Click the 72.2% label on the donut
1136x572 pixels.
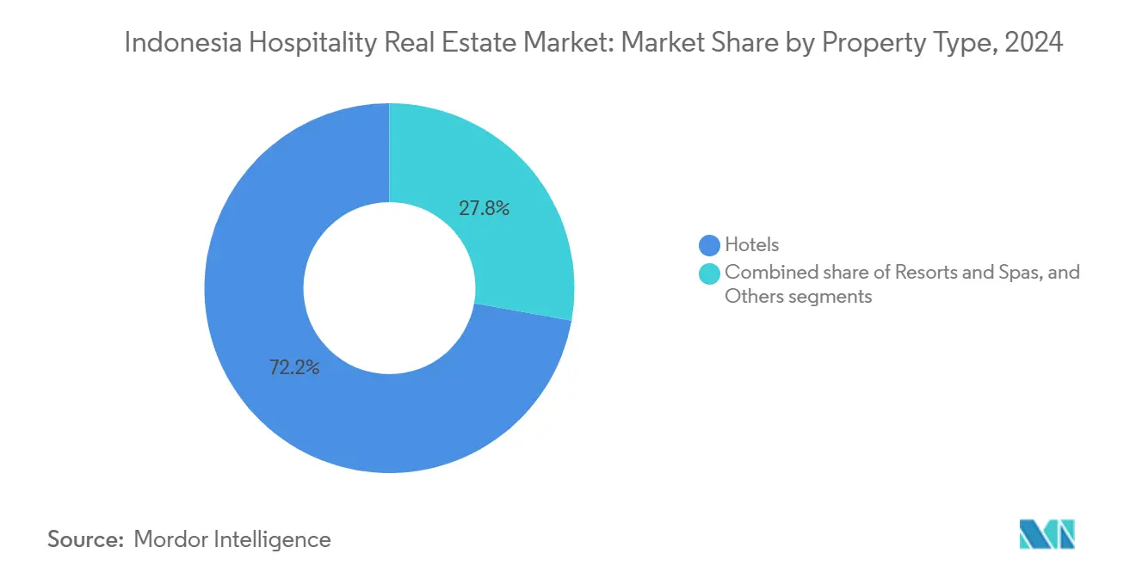[x=294, y=368]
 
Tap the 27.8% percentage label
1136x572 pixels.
[x=484, y=207]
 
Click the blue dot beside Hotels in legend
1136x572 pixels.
[x=710, y=246]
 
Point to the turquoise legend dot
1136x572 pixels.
[x=710, y=274]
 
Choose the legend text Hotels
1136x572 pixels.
[x=751, y=246]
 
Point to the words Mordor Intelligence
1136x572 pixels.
[x=232, y=539]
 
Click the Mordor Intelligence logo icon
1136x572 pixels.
[x=1046, y=534]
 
